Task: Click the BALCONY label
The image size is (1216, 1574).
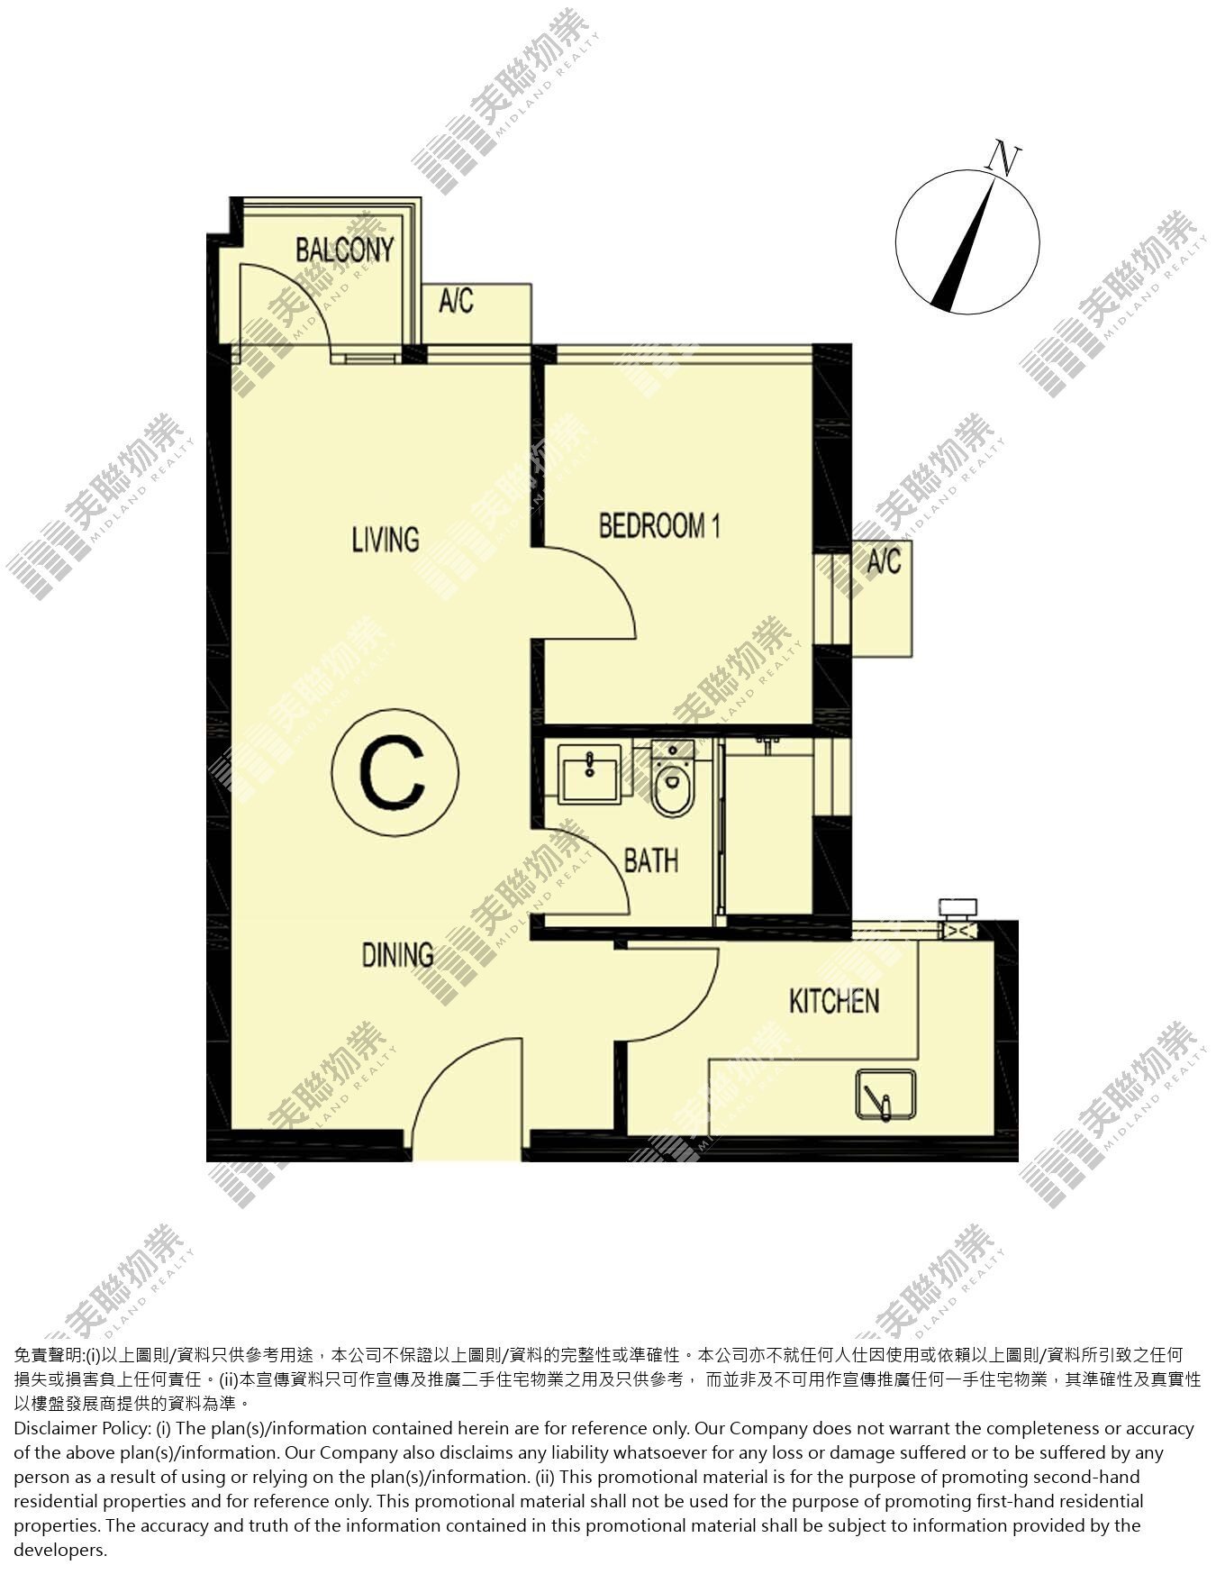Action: pos(345,250)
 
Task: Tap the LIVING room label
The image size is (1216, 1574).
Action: pos(385,539)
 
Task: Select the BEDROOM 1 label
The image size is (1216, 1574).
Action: pos(659,525)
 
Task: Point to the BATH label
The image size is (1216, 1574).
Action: pos(651,860)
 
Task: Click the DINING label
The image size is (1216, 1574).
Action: pos(397,955)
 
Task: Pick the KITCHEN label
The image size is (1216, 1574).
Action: pos(834,1001)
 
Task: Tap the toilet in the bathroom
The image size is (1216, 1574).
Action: pos(672,777)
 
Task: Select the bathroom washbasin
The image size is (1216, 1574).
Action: pos(590,773)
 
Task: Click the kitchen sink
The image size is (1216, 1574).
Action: pos(885,1095)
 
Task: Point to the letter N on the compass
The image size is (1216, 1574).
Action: pos(1003,159)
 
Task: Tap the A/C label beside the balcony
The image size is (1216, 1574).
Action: pos(456,301)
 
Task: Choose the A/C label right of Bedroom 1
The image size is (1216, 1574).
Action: pos(884,562)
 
